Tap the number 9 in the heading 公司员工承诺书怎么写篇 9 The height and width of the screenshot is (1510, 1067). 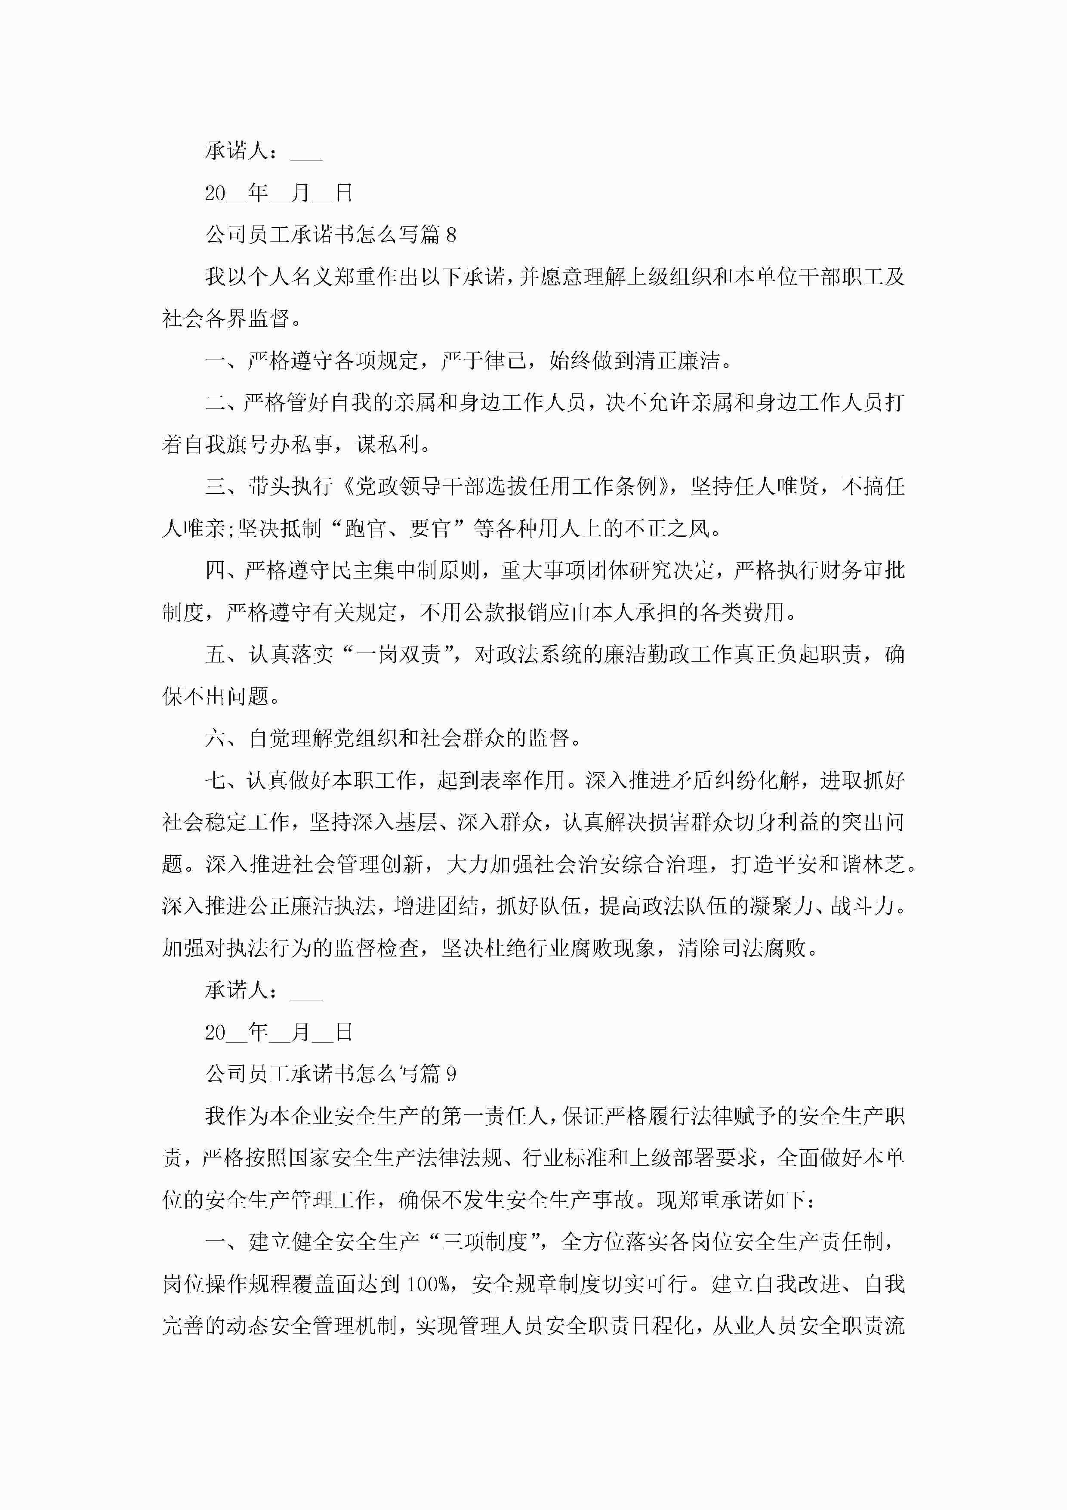[451, 1074]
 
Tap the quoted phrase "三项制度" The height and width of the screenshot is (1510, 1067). [485, 1242]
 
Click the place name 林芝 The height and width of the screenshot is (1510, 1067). [885, 864]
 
